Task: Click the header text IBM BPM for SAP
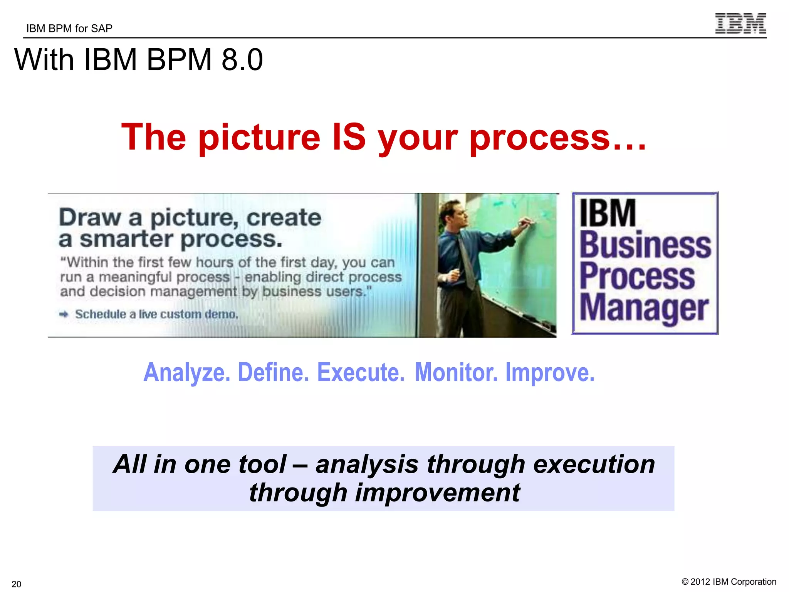click(69, 29)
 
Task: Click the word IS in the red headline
click(349, 138)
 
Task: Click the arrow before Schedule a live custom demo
click(64, 314)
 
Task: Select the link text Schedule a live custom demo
click(156, 314)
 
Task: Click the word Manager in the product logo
click(644, 308)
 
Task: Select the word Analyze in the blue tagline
click(187, 373)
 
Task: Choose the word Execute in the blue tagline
click(361, 373)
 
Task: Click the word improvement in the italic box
click(437, 493)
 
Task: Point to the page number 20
click(16, 584)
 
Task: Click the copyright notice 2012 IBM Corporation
click(729, 582)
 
